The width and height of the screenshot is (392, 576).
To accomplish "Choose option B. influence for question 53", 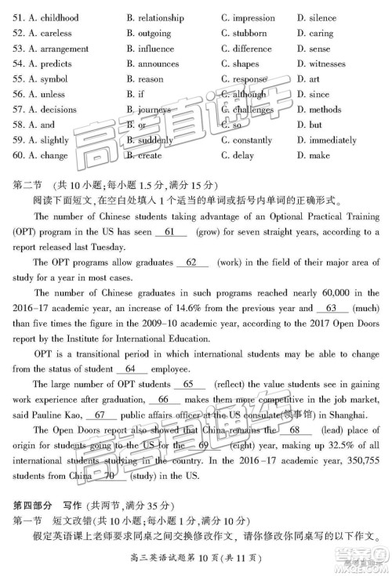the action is coord(150,49).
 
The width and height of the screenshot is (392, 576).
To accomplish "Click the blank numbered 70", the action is coord(109,476).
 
